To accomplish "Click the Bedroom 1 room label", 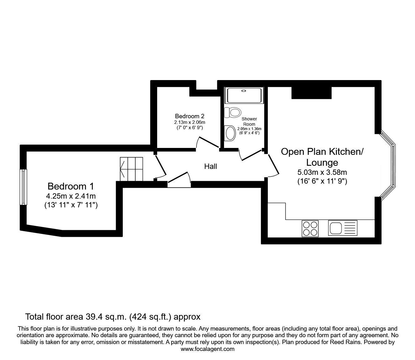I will [x=70, y=186].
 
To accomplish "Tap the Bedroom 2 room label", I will [x=190, y=116].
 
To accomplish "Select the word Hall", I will [x=211, y=166].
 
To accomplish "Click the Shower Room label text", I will [x=249, y=121].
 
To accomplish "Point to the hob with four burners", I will [x=310, y=228].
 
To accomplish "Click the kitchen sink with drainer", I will [x=342, y=228].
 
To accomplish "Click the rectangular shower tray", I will [x=245, y=95].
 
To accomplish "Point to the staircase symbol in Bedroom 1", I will [x=132, y=169].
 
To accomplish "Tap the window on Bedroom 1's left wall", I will [x=23, y=187].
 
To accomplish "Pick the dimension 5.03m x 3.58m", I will [x=322, y=172].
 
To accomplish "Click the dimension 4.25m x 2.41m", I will [x=70, y=196].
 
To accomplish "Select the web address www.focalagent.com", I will [x=207, y=349].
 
